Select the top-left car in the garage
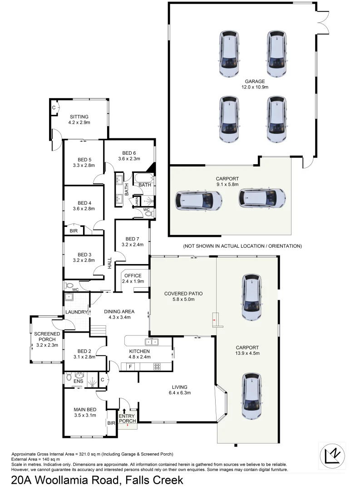(230, 54)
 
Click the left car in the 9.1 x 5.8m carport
(198, 199)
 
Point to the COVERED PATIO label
(183, 294)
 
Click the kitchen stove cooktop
(157, 366)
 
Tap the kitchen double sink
(151, 342)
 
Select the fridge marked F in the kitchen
(131, 366)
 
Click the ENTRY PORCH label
(128, 418)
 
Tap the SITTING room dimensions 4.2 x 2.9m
(79, 122)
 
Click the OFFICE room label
(133, 275)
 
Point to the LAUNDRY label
(76, 312)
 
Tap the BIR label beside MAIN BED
(111, 423)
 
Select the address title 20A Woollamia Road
(97, 480)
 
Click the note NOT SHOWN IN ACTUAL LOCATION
(242, 246)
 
